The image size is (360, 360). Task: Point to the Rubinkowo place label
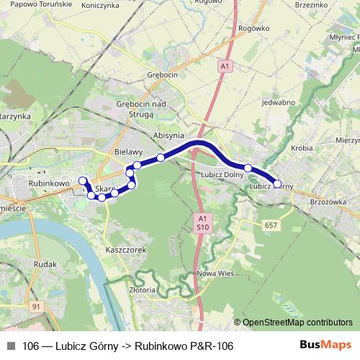tap(48, 184)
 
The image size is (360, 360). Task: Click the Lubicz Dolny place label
tap(222, 174)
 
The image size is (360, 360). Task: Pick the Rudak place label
tap(45, 264)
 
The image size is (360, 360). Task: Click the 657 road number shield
tap(271, 226)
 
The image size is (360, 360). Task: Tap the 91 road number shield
tap(36, 307)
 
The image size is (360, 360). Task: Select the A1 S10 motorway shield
tap(203, 221)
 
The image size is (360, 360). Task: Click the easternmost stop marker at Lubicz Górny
tap(278, 184)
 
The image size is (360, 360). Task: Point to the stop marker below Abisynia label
tap(161, 157)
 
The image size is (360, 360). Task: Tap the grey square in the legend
tap(11, 346)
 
